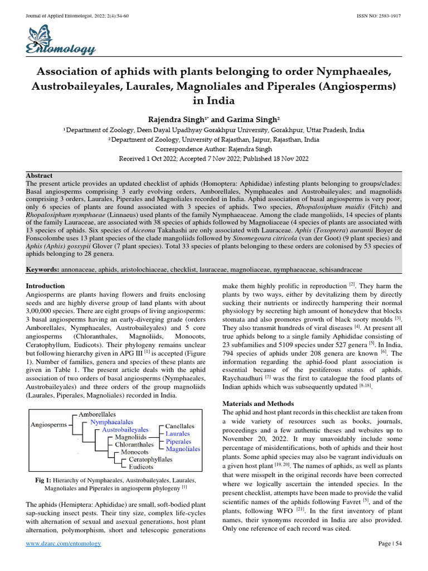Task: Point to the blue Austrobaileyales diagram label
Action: tap(125, 430)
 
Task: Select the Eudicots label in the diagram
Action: tap(142, 466)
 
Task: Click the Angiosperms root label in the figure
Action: tap(48, 424)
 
